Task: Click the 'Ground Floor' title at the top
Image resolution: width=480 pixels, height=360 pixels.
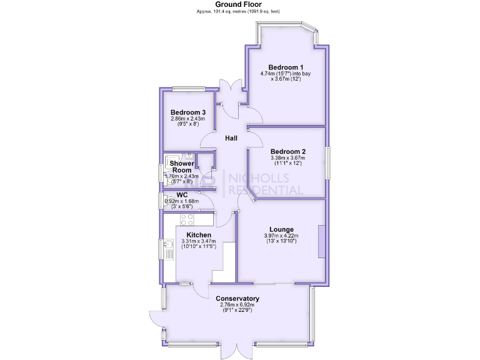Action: [x=239, y=4]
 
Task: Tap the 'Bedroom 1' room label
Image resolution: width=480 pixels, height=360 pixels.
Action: [x=286, y=67]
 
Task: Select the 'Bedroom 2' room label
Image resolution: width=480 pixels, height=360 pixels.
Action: [x=287, y=151]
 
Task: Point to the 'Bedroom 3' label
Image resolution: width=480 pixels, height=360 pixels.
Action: [x=184, y=112]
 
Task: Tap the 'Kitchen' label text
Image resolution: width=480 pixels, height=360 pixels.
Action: [x=198, y=234]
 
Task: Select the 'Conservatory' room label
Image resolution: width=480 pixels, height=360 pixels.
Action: [x=237, y=299]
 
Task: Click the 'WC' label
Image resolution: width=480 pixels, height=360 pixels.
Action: [x=182, y=195]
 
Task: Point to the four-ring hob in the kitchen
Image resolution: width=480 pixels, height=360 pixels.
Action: [x=187, y=219]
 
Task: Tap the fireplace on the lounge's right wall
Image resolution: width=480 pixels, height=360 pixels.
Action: [x=321, y=241]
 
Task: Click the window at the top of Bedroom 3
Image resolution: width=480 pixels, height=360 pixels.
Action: [x=189, y=88]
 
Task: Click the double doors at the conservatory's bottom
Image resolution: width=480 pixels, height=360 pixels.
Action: [x=237, y=349]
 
